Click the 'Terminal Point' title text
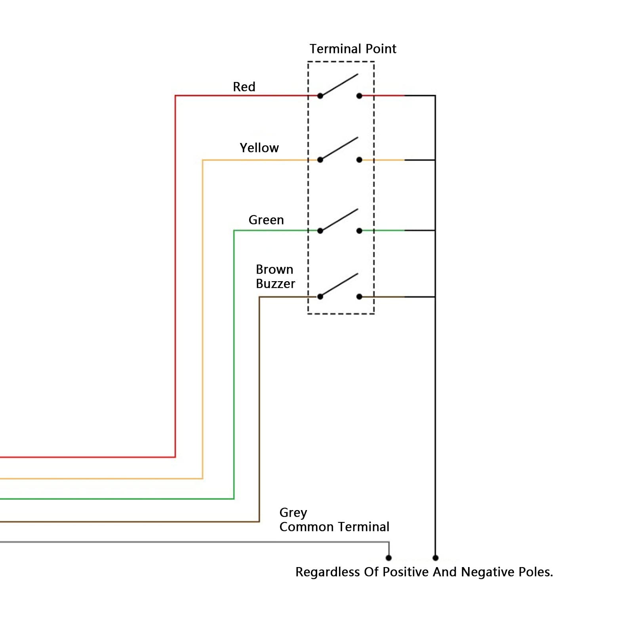(x=353, y=49)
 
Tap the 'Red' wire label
(x=244, y=87)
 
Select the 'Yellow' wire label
(x=259, y=148)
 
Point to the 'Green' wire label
(x=266, y=220)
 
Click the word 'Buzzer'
(x=276, y=284)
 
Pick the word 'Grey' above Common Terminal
(x=293, y=513)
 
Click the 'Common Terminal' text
(x=335, y=527)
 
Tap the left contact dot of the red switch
(x=320, y=96)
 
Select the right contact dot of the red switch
(x=359, y=96)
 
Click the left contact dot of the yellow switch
(x=320, y=160)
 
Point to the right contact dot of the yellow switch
(x=359, y=160)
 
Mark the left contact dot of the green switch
(x=320, y=231)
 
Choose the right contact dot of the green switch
(x=359, y=231)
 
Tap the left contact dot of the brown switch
(x=320, y=297)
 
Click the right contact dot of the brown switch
(x=359, y=297)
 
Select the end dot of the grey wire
(x=389, y=558)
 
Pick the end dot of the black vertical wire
(x=436, y=558)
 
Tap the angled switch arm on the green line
(x=339, y=220)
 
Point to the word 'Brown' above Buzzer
(x=274, y=269)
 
